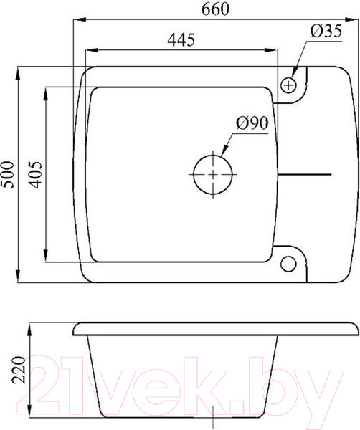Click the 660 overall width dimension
coord(215,9)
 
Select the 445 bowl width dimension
coord(181,39)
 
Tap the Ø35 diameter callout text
coord(326,31)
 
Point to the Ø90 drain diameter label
coord(252,123)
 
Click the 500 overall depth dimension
coord(7,175)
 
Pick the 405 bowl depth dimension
coord(36,175)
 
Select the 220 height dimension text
coord(19,370)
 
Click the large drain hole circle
coord(213,174)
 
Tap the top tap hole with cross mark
coord(288,85)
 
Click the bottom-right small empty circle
coord(288,264)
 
